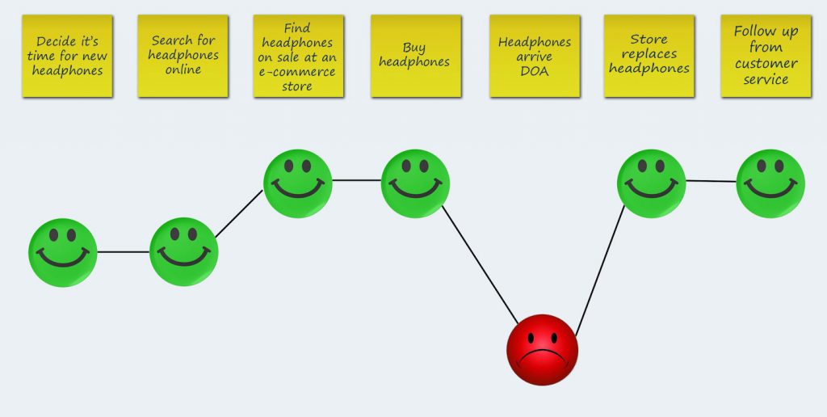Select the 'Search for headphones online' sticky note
point(183,56)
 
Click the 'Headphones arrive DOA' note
point(534,56)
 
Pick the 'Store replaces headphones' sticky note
point(649,56)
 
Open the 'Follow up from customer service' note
point(766,56)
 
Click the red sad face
point(542,350)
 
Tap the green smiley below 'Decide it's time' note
point(63,252)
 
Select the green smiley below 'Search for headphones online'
point(184,252)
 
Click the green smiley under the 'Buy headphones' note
point(415,183)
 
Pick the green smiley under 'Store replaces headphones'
point(651,183)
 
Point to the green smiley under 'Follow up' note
point(770,183)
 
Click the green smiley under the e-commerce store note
point(298,183)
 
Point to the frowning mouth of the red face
point(542,359)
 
